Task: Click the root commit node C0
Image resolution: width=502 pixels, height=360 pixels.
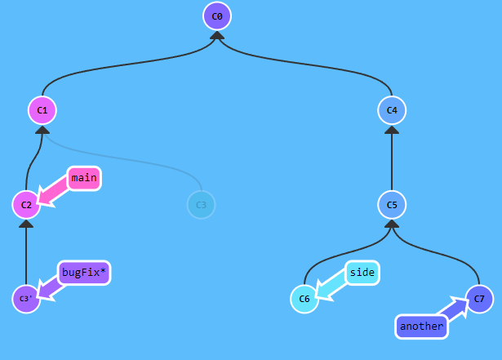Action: (217, 16)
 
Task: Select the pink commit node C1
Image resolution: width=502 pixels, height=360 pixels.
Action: (42, 109)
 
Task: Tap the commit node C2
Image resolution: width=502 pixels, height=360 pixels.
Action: (26, 204)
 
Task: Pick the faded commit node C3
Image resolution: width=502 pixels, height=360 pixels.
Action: (201, 204)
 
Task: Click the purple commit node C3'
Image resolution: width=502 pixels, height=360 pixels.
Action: (26, 299)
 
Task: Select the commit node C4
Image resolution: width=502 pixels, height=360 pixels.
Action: (392, 109)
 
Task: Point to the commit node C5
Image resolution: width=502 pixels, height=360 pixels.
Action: (392, 204)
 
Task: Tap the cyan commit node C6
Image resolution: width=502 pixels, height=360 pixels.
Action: (304, 299)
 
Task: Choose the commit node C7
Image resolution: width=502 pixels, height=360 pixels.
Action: (479, 299)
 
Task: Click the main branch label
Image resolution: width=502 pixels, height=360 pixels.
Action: (83, 178)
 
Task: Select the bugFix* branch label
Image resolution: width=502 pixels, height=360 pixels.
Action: (83, 273)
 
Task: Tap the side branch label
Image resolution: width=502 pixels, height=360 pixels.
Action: (362, 273)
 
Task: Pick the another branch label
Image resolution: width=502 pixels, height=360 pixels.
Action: (422, 327)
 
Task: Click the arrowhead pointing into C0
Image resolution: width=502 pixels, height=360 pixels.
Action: (217, 35)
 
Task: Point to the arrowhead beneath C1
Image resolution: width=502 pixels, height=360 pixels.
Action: (42, 129)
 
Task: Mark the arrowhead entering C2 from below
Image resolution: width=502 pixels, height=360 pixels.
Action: (26, 224)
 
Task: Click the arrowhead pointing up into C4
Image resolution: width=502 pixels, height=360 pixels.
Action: (392, 129)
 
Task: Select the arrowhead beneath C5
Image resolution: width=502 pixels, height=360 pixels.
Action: (392, 224)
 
